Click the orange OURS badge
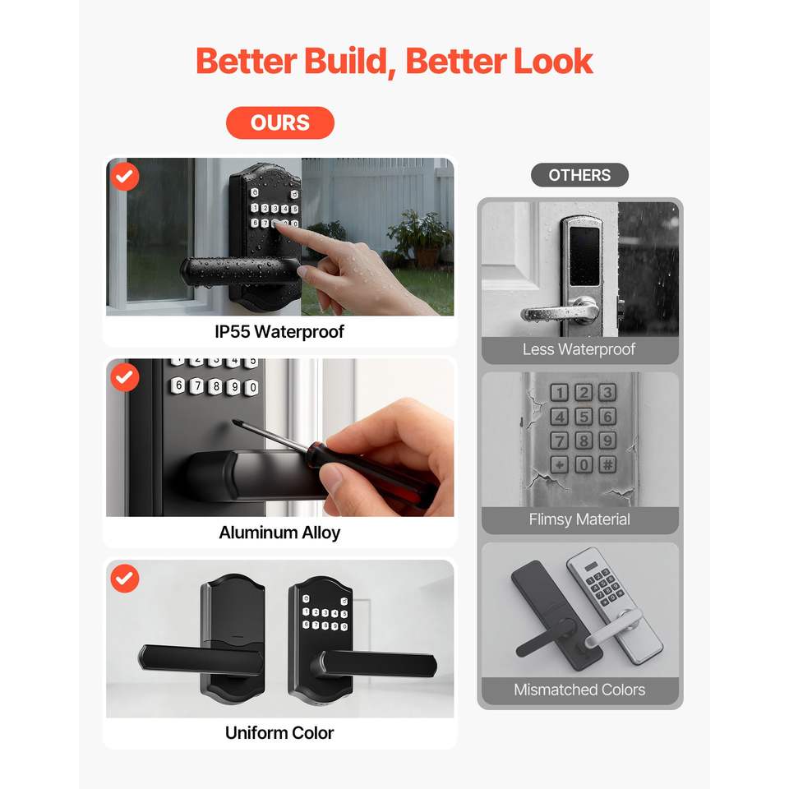tap(279, 122)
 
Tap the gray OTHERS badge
tap(579, 175)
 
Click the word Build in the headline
tap(345, 62)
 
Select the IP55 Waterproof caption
tap(279, 331)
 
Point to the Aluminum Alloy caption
tap(279, 533)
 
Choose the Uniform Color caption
tap(279, 732)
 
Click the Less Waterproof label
tap(579, 349)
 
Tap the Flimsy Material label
tap(579, 519)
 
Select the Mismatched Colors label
tap(579, 690)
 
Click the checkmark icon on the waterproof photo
tap(125, 176)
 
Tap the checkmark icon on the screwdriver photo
tap(125, 377)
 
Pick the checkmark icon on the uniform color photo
tap(125, 578)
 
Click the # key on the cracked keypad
tap(607, 464)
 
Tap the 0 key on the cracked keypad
tap(584, 464)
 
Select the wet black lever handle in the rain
tap(240, 272)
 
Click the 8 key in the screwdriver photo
tap(216, 386)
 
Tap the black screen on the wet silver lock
tap(584, 256)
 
